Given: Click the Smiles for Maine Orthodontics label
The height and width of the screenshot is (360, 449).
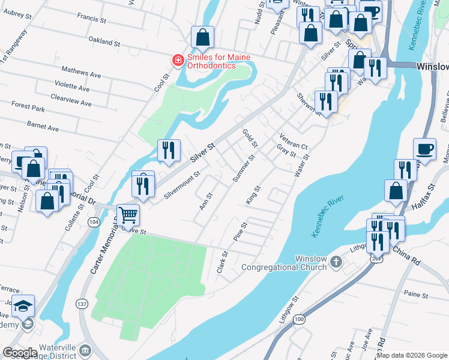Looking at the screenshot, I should pos(218,61).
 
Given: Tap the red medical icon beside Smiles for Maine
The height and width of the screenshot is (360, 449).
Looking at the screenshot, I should pos(177,61).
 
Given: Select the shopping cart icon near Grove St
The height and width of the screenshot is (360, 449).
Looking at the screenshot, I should pos(128,214).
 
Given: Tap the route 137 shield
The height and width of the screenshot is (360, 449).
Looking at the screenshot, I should pos(82,304).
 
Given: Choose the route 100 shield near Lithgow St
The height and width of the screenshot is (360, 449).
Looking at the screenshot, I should pos(299,320).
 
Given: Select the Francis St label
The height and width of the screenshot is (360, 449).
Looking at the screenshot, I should pos(94,20).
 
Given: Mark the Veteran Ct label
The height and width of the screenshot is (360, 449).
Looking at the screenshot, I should pos(294,139).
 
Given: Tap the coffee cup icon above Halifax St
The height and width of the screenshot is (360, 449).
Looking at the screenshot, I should pos(424,149).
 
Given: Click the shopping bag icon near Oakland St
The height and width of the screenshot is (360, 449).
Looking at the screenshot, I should pos(203,37).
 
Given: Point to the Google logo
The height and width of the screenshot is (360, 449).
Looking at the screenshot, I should pos(20,353).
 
